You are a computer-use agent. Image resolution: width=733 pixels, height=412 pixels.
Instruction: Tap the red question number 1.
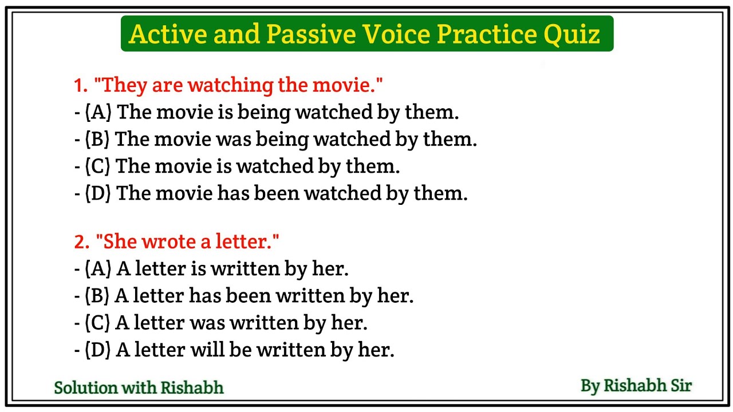(x=80, y=86)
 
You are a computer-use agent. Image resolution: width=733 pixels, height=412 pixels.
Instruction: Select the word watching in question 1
(x=231, y=86)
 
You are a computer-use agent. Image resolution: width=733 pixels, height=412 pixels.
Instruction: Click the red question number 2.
(x=81, y=241)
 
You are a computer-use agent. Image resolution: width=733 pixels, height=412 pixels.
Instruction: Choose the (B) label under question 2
(x=97, y=296)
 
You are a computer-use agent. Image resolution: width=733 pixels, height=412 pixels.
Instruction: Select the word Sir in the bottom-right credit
(x=679, y=386)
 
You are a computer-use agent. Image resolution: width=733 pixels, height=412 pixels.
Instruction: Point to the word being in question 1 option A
(x=263, y=112)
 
